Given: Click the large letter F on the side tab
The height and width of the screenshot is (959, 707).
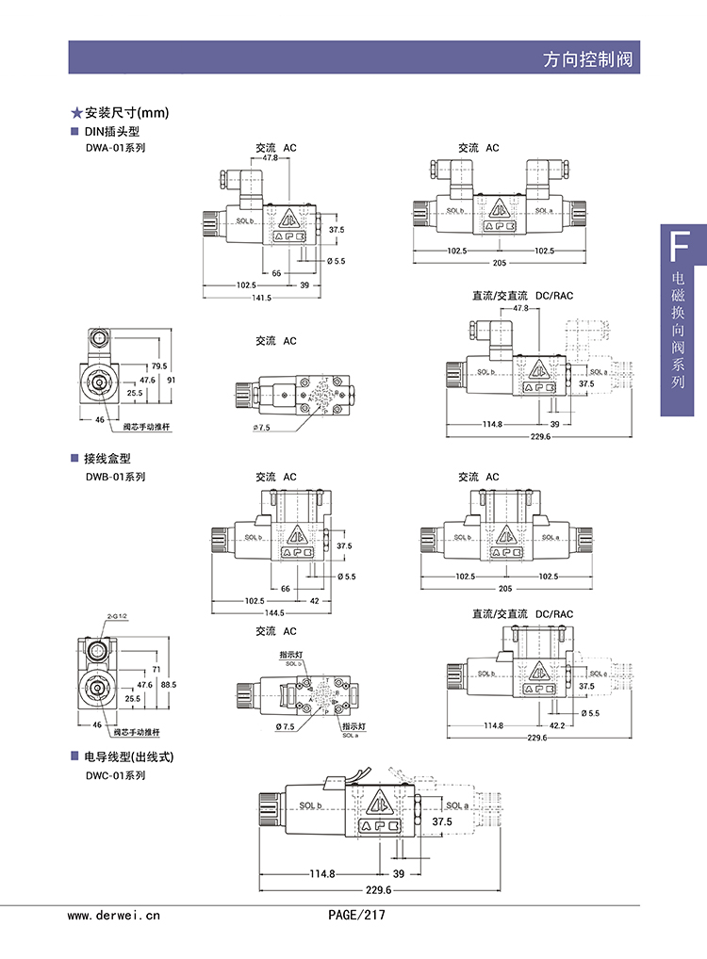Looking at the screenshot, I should point(677,247).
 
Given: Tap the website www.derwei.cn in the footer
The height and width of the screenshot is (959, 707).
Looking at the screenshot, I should point(114,915).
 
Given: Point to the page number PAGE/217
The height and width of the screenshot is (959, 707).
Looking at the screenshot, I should point(356,915).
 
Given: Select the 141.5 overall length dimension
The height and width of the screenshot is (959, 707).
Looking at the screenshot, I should point(260,298).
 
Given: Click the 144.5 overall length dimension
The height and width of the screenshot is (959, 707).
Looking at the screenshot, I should point(261,613).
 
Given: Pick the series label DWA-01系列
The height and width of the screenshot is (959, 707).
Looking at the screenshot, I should point(115,148).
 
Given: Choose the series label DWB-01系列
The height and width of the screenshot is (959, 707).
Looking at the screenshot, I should point(115,477).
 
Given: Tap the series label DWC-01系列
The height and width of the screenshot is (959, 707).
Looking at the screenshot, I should point(115,775).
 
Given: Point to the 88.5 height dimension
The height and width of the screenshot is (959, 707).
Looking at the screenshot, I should point(170,685).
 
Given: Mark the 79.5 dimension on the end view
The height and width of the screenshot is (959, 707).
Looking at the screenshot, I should point(158,366).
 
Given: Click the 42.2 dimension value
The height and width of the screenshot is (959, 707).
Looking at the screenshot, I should point(556,725).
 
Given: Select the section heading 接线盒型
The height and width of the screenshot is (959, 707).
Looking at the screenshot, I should point(105,459).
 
